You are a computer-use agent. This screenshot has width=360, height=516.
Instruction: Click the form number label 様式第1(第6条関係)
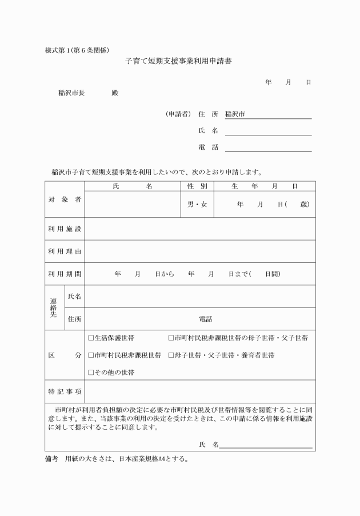tap(77, 49)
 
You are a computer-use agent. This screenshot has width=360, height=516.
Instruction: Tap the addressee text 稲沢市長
tap(71, 93)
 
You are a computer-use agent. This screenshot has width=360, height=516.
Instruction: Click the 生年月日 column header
tap(265, 186)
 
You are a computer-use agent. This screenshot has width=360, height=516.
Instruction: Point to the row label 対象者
tap(64, 199)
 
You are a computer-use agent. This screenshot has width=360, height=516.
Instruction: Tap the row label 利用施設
tap(64, 229)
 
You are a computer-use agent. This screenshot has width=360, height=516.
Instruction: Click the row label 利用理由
tap(64, 251)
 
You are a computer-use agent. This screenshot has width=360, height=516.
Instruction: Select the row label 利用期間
tap(64, 274)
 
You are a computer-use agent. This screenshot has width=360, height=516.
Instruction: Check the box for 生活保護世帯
tap(91, 338)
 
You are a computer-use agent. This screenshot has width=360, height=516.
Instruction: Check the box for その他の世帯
tap(91, 372)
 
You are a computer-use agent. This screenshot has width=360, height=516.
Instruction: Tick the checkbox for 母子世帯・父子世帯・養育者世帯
tap(171, 355)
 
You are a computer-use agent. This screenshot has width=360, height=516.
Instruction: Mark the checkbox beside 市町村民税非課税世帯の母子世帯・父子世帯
tap(171, 338)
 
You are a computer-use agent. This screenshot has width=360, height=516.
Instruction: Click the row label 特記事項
tap(64, 391)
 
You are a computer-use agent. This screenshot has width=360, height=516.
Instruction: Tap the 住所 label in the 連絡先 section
tap(74, 318)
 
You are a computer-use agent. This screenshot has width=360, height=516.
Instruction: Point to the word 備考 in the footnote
tap(51, 459)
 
